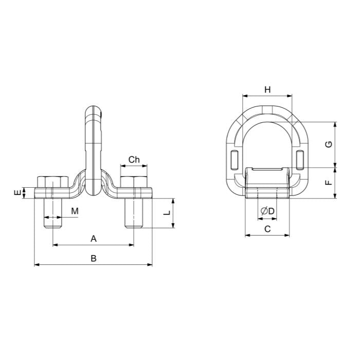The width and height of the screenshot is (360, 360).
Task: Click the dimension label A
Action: pyautogui.click(x=94, y=239)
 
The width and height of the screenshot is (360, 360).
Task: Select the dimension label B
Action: pyautogui.click(x=94, y=258)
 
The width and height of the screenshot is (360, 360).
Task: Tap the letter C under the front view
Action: pyautogui.click(x=267, y=229)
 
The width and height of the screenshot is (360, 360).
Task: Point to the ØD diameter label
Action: pyautogui.click(x=268, y=211)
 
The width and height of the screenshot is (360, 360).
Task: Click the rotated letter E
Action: pyautogui.click(x=17, y=193)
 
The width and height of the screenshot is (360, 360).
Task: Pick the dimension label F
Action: pyautogui.click(x=329, y=183)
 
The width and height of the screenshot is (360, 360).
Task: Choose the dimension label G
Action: pyautogui.click(x=329, y=145)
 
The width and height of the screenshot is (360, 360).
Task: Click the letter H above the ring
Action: pyautogui.click(x=267, y=89)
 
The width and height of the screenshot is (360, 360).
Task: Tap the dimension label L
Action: pyautogui.click(x=167, y=212)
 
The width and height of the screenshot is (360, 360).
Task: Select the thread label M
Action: pyautogui.click(x=75, y=211)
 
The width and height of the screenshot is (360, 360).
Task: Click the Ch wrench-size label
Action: pyautogui.click(x=134, y=159)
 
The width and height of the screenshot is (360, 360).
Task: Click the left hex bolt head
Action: pyautogui.click(x=52, y=182)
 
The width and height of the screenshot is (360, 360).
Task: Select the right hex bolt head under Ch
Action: pyautogui.click(x=134, y=182)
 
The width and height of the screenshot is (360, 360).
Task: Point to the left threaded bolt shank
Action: pyautogui.click(x=52, y=213)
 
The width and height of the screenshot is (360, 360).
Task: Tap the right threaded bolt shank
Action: pyautogui.click(x=134, y=213)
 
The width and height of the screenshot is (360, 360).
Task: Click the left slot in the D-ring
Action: pyautogui.click(x=234, y=160)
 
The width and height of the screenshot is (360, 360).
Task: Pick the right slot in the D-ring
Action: pyautogui.click(x=300, y=160)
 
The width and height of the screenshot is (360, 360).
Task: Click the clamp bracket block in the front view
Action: pyautogui.click(x=267, y=183)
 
